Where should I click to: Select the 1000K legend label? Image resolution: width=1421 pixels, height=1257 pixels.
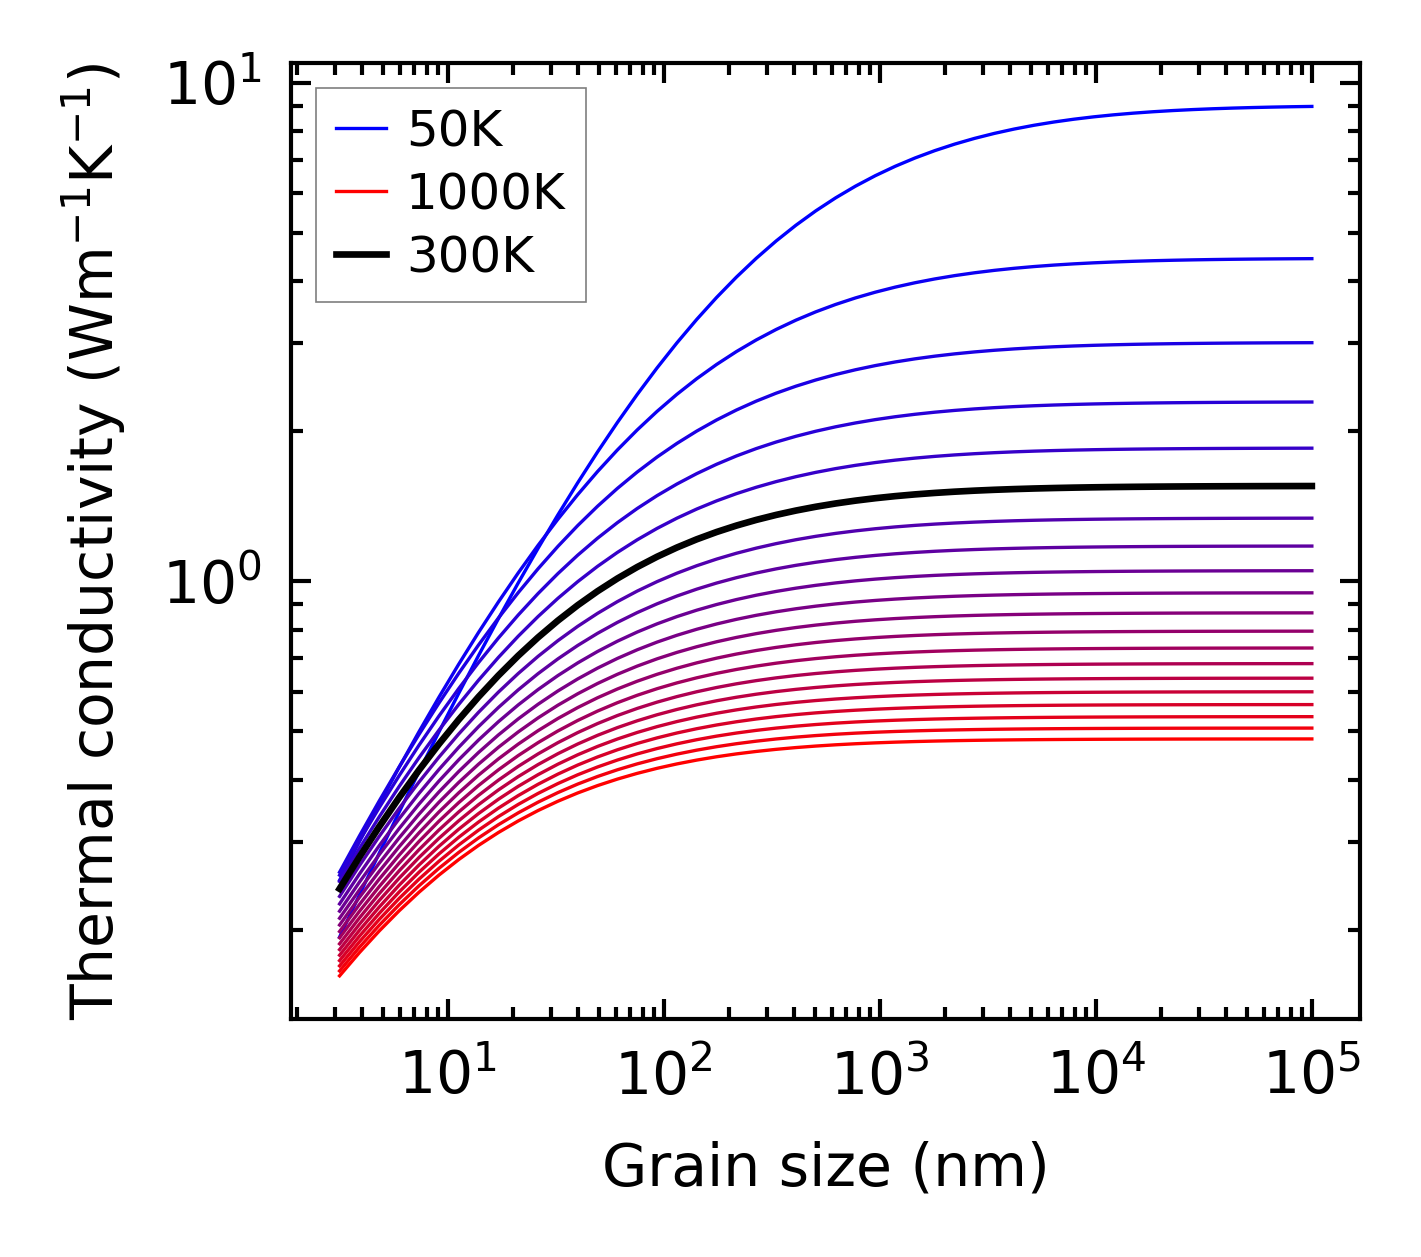[x=486, y=192]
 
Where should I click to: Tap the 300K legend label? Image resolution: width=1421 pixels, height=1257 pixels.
[x=471, y=256]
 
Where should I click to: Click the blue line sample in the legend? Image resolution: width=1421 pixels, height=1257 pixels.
[x=360, y=129]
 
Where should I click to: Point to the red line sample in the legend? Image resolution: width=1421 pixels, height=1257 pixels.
[x=360, y=192]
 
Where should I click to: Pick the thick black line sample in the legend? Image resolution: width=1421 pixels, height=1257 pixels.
[x=360, y=256]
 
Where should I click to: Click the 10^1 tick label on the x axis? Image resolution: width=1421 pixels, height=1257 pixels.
[x=448, y=1076]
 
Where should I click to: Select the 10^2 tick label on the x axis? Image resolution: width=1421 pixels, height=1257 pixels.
[x=664, y=1076]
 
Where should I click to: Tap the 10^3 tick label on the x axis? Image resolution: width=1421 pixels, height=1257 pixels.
[x=881, y=1076]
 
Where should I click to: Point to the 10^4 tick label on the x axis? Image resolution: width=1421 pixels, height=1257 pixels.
[x=1097, y=1076]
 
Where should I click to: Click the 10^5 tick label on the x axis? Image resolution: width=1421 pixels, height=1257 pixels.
[x=1313, y=1076]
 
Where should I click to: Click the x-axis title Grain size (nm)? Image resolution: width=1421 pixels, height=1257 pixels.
[x=825, y=1166]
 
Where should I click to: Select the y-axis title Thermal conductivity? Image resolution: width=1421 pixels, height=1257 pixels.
[x=95, y=540]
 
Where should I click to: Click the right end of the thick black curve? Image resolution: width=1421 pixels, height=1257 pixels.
[x=1311, y=486]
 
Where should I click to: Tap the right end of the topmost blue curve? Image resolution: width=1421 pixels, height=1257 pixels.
[x=1311, y=106]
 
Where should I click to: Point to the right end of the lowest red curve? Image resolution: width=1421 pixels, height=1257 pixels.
[x=1311, y=739]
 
